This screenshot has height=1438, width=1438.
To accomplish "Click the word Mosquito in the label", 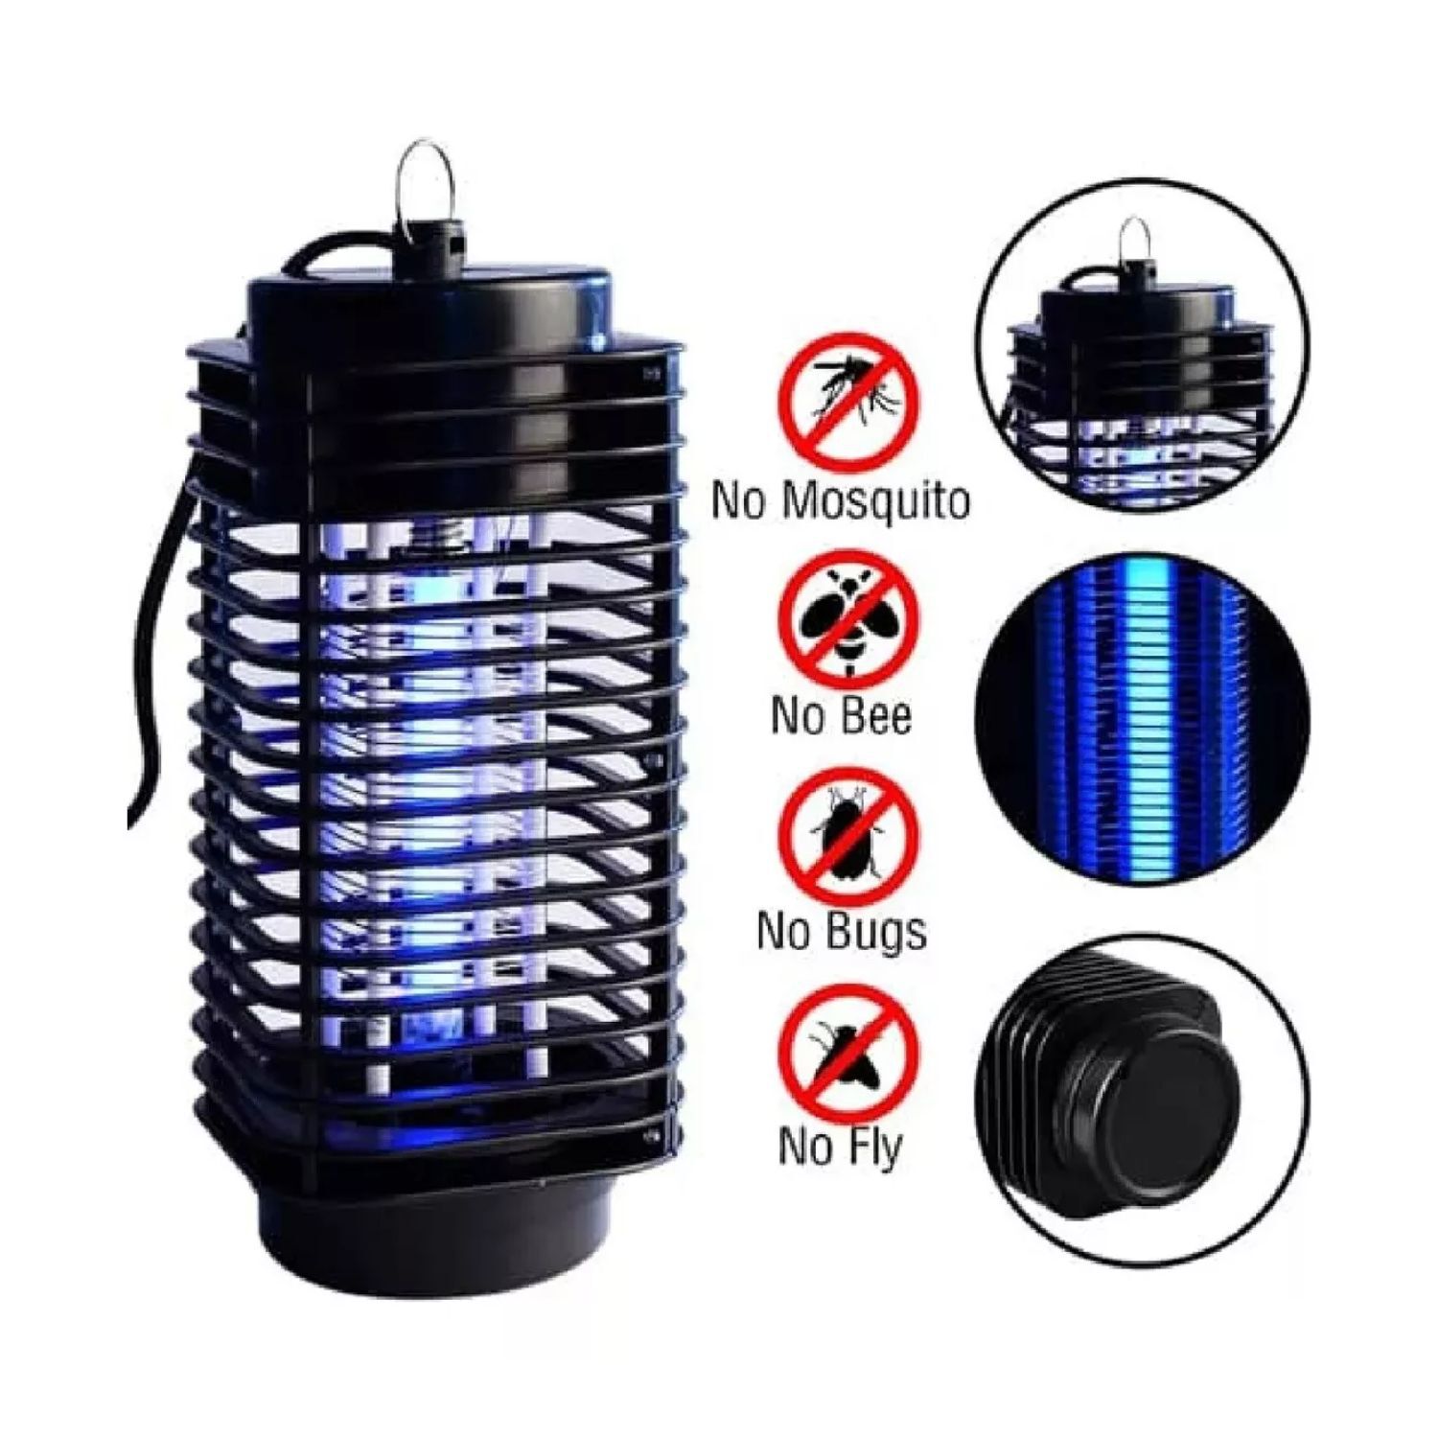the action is (x=875, y=502).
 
